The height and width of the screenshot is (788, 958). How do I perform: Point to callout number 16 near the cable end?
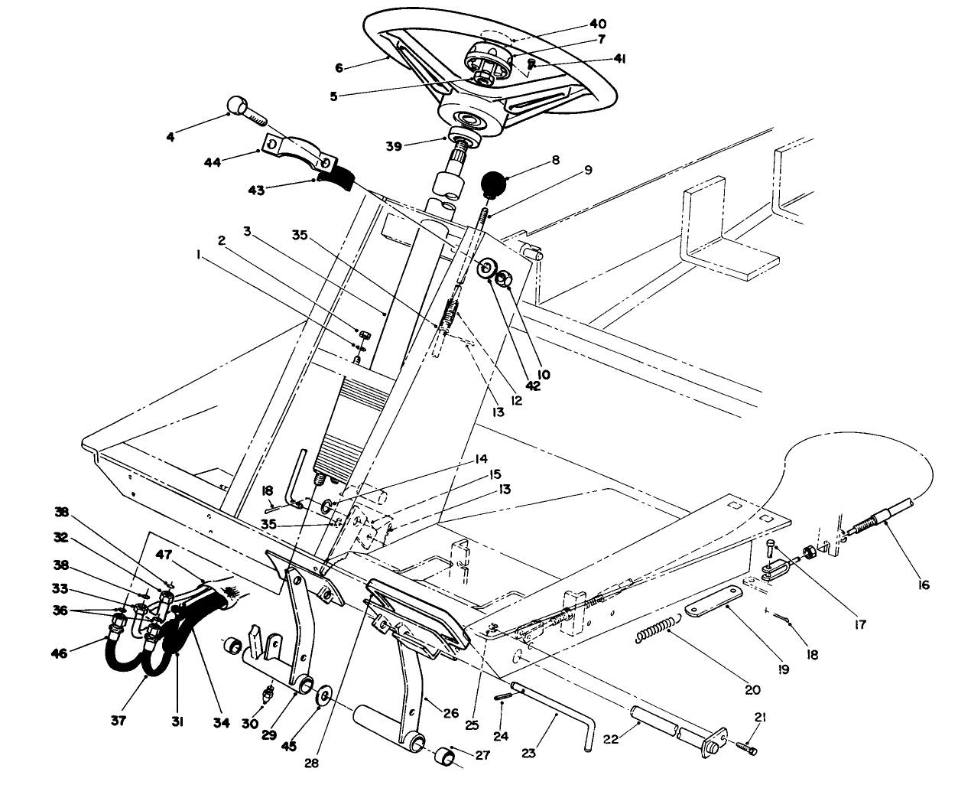click(x=922, y=585)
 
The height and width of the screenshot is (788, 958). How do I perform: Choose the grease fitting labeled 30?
click(x=268, y=695)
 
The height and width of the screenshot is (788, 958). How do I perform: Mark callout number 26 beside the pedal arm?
click(x=450, y=712)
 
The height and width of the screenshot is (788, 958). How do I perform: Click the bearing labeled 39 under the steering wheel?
click(x=466, y=140)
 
